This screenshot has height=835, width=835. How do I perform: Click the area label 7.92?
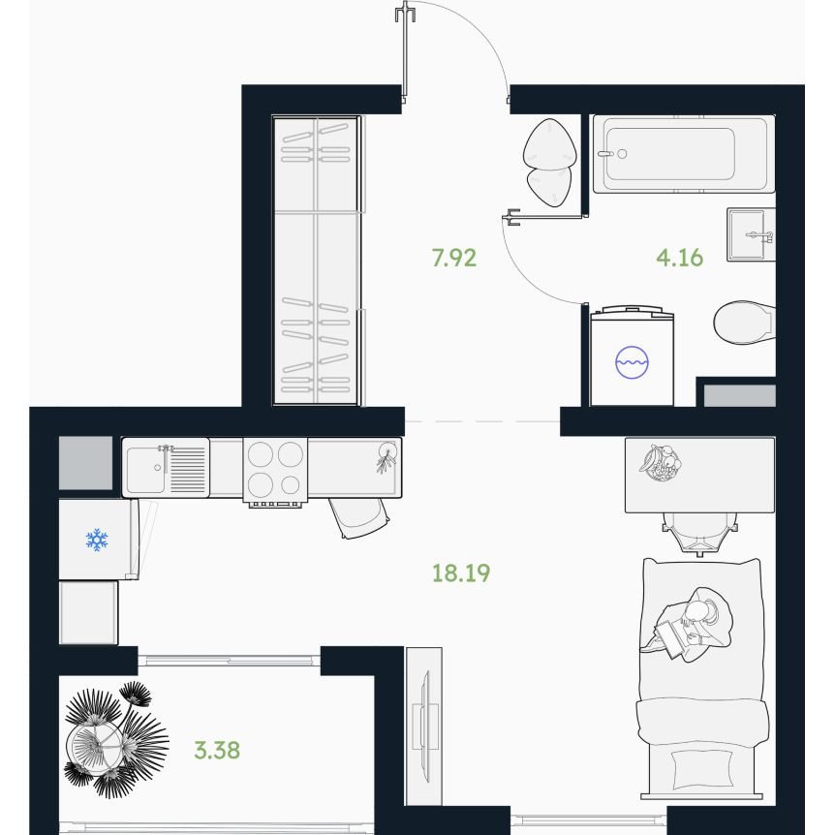pyautogui.click(x=453, y=258)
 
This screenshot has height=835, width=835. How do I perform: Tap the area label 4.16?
pyautogui.click(x=679, y=258)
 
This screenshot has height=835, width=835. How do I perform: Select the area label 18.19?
pyautogui.click(x=461, y=573)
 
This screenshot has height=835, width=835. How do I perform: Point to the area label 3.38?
pyautogui.click(x=217, y=750)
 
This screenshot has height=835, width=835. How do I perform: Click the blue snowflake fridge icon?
pyautogui.click(x=97, y=540)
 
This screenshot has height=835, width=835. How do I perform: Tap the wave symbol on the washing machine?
pyautogui.click(x=632, y=362)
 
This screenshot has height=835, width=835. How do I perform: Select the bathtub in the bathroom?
pyautogui.click(x=684, y=154)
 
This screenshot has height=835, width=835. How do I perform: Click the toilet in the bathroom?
pyautogui.click(x=744, y=323)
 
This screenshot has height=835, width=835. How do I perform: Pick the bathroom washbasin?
pyautogui.click(x=751, y=234)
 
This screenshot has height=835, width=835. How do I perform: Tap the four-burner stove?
pyautogui.click(x=275, y=470)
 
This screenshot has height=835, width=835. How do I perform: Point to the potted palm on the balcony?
pyautogui.click(x=115, y=739)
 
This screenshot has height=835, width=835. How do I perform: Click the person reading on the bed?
pyautogui.click(x=687, y=624)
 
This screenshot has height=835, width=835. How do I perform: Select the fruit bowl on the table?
pyautogui.click(x=660, y=463)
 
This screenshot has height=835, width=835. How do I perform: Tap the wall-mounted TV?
pyautogui.click(x=424, y=727)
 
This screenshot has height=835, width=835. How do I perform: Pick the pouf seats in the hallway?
pyautogui.click(x=549, y=163)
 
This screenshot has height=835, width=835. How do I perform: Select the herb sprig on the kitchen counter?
pyautogui.click(x=387, y=456)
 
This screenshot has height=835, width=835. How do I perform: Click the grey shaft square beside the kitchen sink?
pyautogui.click(x=85, y=463)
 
